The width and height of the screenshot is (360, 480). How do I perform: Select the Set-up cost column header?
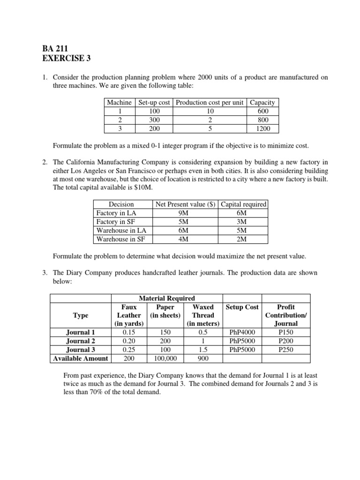coord(154,103)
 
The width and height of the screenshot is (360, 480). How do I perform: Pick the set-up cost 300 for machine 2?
coord(154,120)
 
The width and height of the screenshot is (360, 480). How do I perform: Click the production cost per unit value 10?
coord(210,111)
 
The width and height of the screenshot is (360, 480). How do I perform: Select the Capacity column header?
coord(262,103)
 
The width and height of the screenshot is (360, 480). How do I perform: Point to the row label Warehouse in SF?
coord(120,239)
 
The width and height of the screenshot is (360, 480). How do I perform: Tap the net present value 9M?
coord(184,213)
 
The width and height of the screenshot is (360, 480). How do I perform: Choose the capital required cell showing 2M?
coord(242,239)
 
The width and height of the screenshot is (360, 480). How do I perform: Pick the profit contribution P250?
coord(285,350)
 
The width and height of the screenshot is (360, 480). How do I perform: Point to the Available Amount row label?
coord(81,359)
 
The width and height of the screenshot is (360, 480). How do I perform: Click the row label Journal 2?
coord(81,341)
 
